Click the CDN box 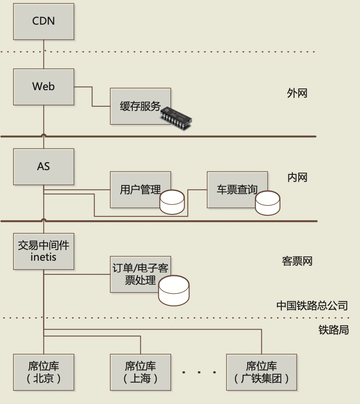43,21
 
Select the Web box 43,87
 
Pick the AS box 43,166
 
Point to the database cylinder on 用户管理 172,202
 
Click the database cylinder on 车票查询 268,203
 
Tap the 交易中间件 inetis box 43,251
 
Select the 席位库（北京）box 43,372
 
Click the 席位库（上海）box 140,372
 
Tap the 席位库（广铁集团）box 261,372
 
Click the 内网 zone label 297,177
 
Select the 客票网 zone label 297,261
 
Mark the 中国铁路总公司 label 312,305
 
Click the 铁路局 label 333,330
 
